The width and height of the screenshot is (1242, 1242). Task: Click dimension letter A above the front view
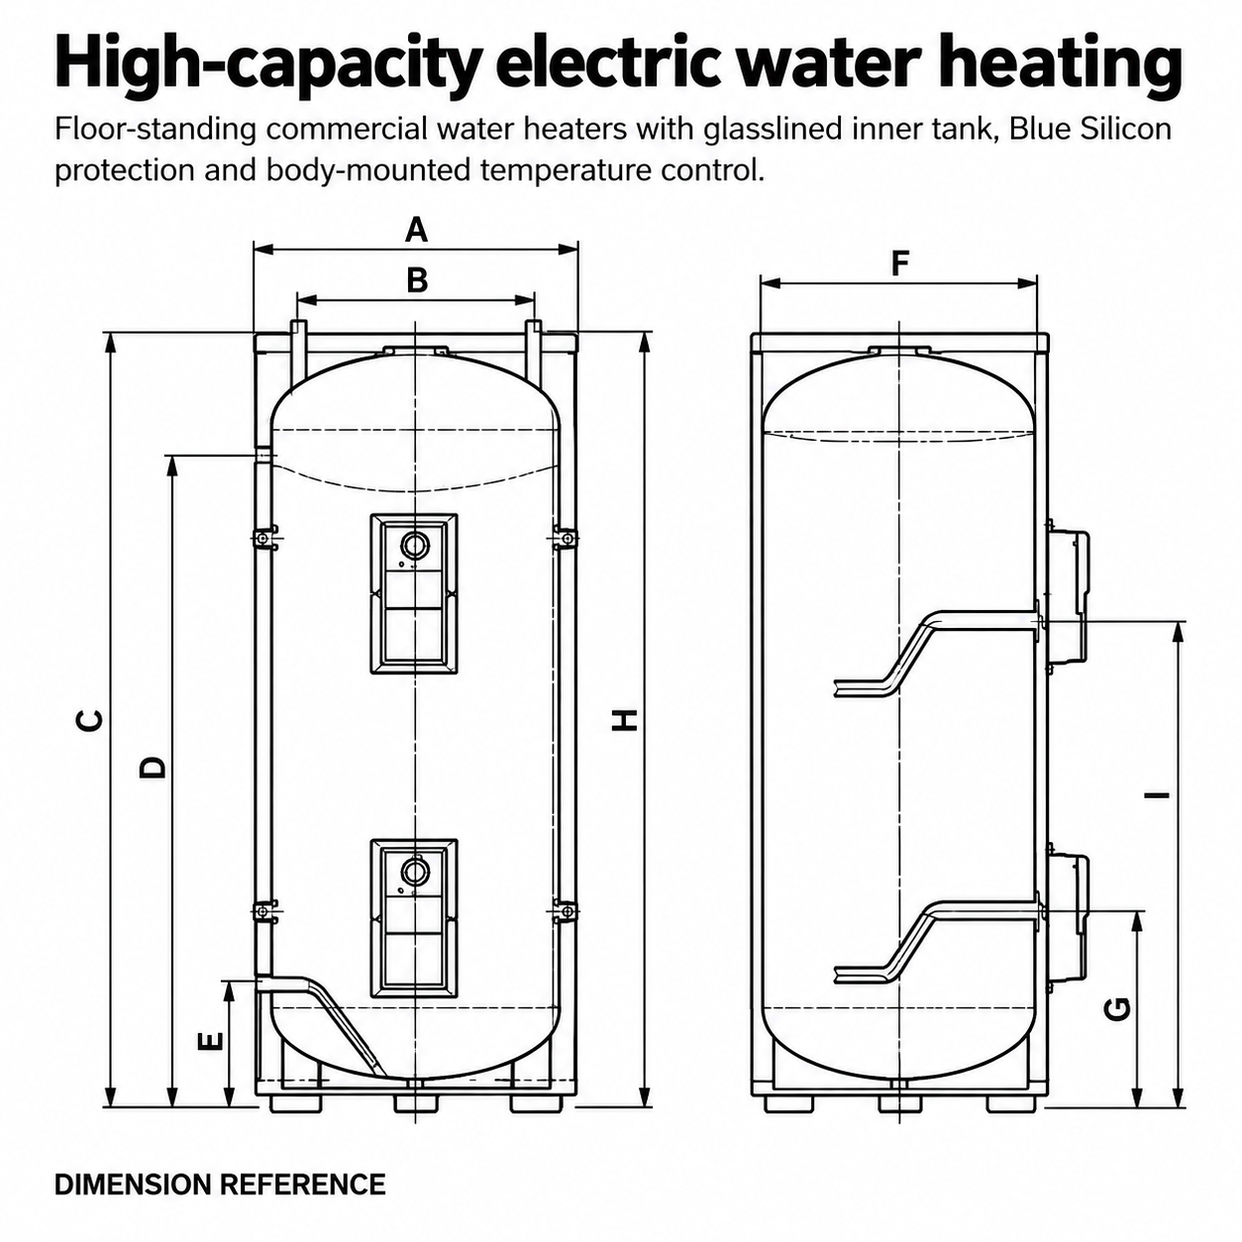coord(416,230)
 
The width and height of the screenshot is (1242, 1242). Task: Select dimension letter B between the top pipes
coord(417,280)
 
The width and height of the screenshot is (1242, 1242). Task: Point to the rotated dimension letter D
coord(153,767)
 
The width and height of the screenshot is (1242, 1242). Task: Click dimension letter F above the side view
coord(899,263)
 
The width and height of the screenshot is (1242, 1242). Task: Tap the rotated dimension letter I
coord(1159,794)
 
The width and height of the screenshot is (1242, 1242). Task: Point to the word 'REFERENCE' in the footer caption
coord(303,1185)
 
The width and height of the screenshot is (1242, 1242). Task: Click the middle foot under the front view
coord(416,1103)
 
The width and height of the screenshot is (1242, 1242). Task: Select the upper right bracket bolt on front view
coord(566,538)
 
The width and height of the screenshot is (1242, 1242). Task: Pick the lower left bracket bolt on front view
coord(263,911)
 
